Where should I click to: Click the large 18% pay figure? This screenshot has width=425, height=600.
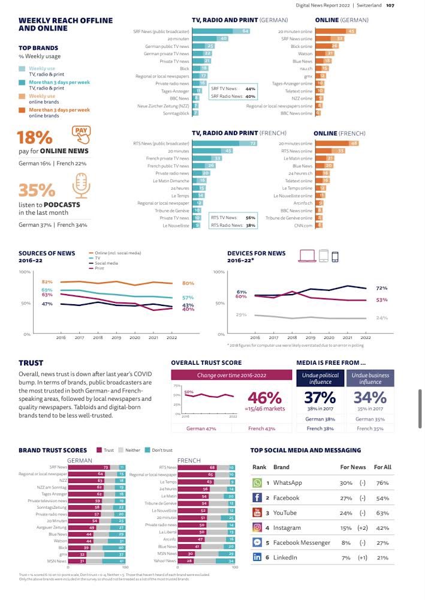(34, 137)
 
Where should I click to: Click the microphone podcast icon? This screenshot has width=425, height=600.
(80, 186)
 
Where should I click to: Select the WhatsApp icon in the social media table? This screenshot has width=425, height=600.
(257, 482)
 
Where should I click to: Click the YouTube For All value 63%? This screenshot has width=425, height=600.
(382, 513)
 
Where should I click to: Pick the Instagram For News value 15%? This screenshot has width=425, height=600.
(346, 527)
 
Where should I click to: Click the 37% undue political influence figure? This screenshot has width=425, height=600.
(319, 397)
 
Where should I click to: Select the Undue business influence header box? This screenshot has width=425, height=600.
(370, 378)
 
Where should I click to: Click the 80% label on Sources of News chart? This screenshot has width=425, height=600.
(188, 283)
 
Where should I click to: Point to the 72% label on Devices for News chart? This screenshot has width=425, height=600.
(381, 289)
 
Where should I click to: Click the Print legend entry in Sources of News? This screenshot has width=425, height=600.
(99, 268)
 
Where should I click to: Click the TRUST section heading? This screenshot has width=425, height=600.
(31, 363)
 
